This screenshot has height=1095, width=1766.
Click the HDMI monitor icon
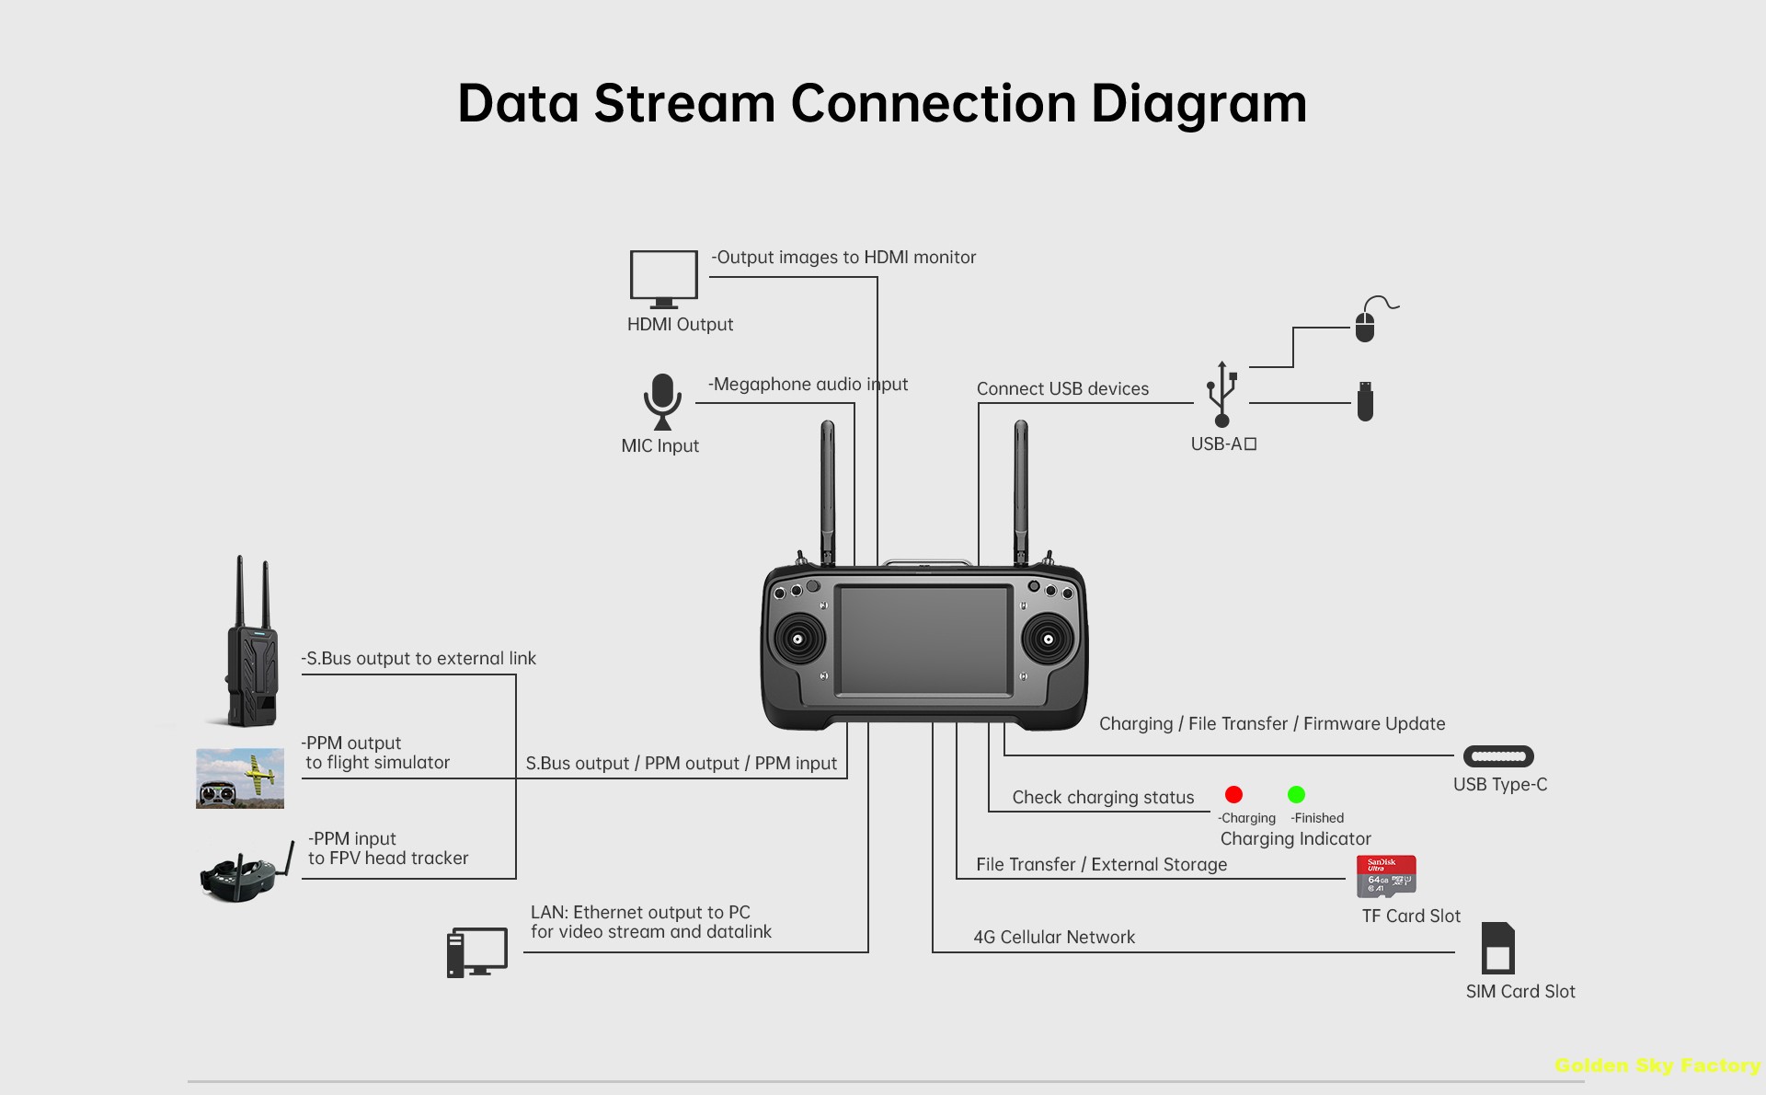pos(663,278)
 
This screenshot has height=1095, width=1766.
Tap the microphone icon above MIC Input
pos(662,401)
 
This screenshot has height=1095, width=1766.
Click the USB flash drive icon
pos(1365,402)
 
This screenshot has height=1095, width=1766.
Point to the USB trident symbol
pos(1221,395)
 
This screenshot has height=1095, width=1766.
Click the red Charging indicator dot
pos(1233,794)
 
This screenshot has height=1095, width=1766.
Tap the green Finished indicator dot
pos(1296,794)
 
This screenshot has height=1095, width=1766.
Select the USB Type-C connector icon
pos(1498,756)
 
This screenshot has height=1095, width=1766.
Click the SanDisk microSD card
pos(1386,876)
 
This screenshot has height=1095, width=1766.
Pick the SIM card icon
pos(1497,949)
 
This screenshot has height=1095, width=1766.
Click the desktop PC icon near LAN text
pos(476,952)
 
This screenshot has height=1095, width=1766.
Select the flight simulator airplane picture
pos(240,778)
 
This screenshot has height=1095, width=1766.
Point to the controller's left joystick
pos(797,639)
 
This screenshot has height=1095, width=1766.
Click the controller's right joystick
pos(1048,639)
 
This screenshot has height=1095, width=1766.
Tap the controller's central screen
pos(923,640)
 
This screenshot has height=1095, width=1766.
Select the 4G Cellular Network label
pos(1054,937)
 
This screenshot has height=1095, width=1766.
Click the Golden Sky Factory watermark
pos(1657,1066)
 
